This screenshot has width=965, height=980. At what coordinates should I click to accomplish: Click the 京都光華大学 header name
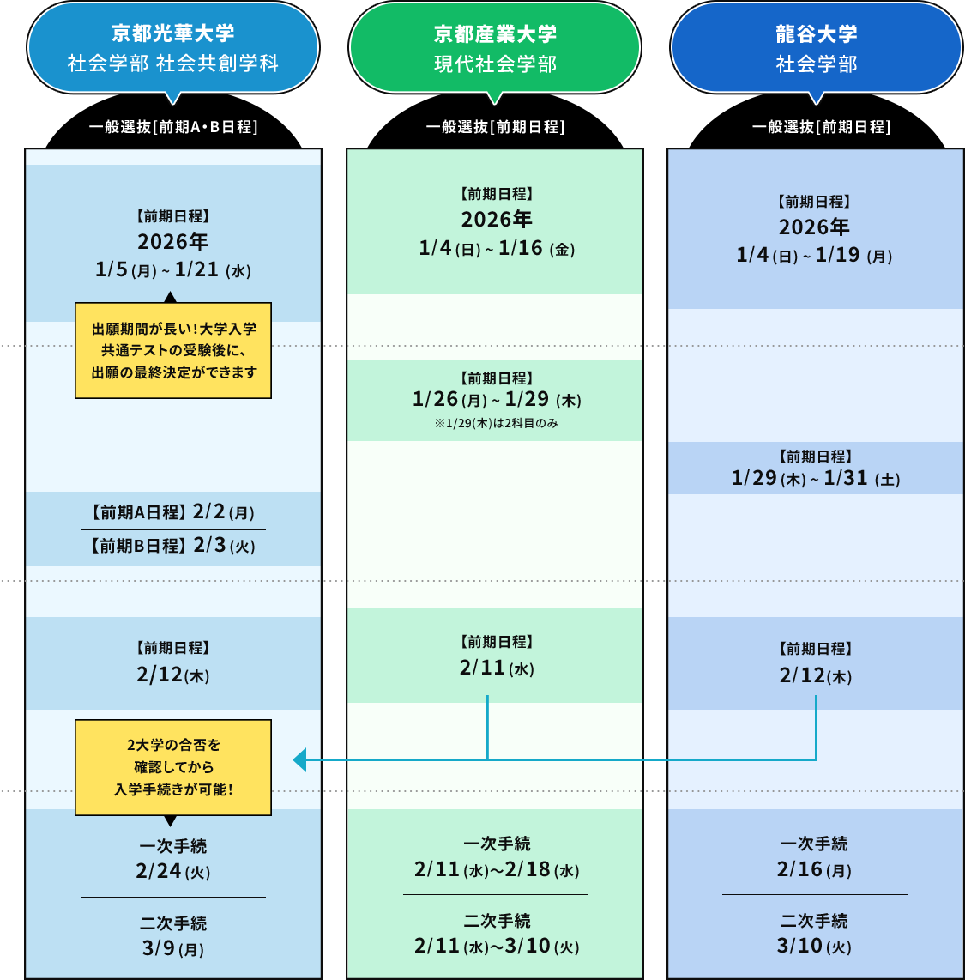click(x=172, y=33)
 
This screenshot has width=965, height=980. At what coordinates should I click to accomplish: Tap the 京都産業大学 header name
click(x=495, y=34)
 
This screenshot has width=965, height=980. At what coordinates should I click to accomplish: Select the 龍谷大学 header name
click(x=816, y=34)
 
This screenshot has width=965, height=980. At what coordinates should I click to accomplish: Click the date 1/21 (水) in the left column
click(x=213, y=270)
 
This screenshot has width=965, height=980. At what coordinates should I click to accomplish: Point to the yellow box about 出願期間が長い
click(x=173, y=350)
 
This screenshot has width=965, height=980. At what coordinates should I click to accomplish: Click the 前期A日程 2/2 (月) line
click(x=172, y=512)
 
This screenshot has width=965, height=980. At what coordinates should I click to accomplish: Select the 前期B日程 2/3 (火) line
click(x=172, y=546)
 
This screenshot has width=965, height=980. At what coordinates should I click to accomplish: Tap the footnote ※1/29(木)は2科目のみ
click(x=496, y=423)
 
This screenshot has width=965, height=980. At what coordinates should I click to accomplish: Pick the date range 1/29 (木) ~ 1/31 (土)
click(x=816, y=479)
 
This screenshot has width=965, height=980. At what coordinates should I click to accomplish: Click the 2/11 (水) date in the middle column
click(x=496, y=668)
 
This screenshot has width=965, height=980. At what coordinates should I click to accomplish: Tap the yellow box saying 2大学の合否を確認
click(x=173, y=767)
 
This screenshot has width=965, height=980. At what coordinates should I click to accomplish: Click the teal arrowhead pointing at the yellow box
click(x=300, y=759)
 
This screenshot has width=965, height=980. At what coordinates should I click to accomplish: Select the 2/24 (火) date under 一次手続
click(x=172, y=872)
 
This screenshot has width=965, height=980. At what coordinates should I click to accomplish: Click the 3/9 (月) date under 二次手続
click(x=172, y=949)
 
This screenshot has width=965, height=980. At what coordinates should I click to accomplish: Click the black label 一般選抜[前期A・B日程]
click(x=173, y=127)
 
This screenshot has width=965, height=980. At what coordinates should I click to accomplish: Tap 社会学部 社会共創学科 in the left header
click(x=172, y=64)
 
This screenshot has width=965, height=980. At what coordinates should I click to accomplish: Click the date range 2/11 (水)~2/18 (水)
click(x=496, y=870)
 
